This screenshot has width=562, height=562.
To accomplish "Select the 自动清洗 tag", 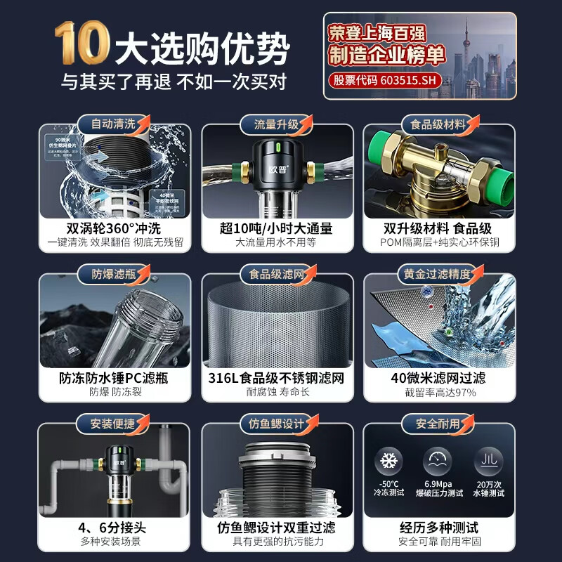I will tap(112, 124).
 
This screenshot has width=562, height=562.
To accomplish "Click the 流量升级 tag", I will tap(276, 124).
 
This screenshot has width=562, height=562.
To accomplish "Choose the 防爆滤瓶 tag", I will tap(112, 273).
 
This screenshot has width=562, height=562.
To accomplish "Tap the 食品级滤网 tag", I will tap(276, 273).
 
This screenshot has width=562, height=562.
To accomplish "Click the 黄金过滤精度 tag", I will tap(438, 273).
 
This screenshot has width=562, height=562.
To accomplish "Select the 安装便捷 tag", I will tap(112, 424).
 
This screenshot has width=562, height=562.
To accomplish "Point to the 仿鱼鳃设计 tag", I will tap(276, 424).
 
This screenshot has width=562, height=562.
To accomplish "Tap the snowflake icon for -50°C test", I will tap(388, 462).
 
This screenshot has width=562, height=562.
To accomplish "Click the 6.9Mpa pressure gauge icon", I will tap(438, 462).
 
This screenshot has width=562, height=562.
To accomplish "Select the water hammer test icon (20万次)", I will tap(487, 462).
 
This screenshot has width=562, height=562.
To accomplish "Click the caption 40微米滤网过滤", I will tap(438, 378).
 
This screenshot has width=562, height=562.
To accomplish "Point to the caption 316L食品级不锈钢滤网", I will tap(276, 378).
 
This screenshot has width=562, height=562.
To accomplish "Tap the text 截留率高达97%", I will tap(438, 393).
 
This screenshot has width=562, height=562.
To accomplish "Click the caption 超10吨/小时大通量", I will tap(276, 228).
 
